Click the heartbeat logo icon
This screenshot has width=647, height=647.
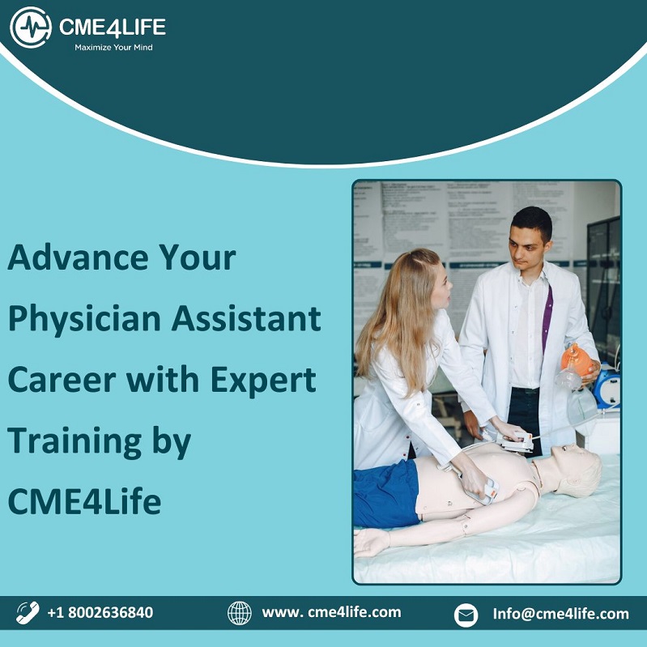pos(31,28)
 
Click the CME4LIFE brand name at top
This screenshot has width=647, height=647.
pos(113,28)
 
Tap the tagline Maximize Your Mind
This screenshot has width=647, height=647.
pos(113,48)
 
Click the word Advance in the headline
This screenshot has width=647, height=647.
pos(78,258)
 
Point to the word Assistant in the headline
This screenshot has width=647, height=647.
pos(246,318)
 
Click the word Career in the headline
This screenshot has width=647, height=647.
pos(62,380)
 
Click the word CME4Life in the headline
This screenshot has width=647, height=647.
pos(84,501)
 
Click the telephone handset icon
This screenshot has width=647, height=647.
pos(28,612)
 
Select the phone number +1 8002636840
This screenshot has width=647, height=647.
pos(100,612)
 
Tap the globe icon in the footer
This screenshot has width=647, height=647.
pos(240,613)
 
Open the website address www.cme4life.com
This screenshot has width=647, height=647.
pos(331,612)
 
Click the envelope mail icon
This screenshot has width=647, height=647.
pos(466,615)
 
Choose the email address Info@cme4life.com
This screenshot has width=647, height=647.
pos(561,614)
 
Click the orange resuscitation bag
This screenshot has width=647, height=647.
pos(577,360)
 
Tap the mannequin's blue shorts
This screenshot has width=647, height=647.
pos(385,494)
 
